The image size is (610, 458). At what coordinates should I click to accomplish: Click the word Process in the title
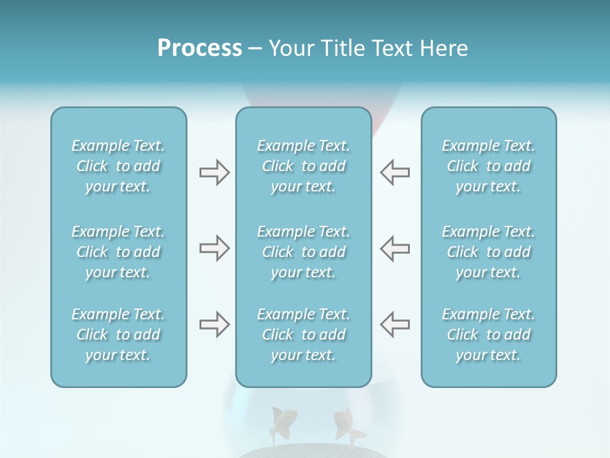[200, 48]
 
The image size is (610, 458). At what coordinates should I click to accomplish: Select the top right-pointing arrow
[214, 172]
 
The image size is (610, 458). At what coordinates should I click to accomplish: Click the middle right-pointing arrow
[214, 248]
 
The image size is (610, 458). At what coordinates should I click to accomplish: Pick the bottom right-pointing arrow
[214, 324]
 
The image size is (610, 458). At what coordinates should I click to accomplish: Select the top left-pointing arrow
[395, 172]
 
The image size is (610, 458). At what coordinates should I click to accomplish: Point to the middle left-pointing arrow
[395, 248]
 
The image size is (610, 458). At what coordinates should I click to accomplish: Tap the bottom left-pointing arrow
[395, 324]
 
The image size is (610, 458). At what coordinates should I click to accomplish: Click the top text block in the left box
[118, 166]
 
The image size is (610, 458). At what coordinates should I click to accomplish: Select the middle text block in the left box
[118, 252]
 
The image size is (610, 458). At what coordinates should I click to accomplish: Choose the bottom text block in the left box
[118, 335]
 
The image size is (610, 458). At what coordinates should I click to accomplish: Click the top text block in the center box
[303, 166]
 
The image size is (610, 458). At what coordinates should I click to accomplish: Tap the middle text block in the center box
[303, 252]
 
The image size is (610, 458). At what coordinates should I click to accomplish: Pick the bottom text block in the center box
[303, 335]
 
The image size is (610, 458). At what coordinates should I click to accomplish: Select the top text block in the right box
[489, 166]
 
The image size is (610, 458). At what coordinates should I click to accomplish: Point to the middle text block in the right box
[489, 252]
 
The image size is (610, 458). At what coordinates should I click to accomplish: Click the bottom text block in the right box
[489, 335]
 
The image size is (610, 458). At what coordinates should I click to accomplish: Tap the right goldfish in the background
[345, 424]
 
